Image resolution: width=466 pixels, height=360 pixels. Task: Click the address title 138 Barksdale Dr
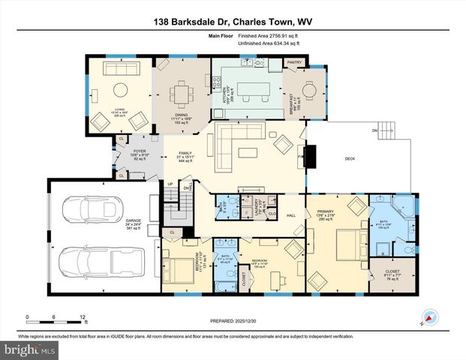point(233,22)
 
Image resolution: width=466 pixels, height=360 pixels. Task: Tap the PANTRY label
point(294,62)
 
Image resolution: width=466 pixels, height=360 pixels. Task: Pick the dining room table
point(182,94)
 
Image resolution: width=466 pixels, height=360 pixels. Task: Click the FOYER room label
point(140,154)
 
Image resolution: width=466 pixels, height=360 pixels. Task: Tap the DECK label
point(349,158)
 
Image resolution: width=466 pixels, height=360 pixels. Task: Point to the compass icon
point(428,317)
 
